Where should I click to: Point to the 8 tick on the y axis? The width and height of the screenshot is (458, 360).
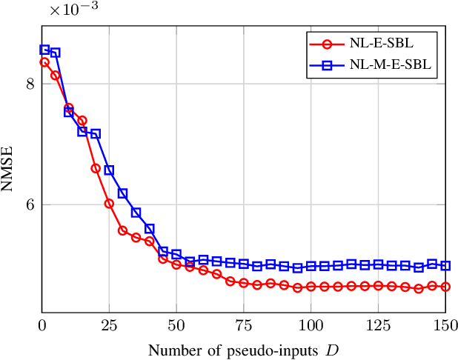[x=30, y=84]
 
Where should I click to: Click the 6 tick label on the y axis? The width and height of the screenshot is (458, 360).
[x=30, y=205]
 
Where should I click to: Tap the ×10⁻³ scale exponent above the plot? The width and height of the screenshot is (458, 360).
[x=73, y=10]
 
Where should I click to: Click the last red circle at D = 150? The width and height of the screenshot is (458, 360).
[x=445, y=287]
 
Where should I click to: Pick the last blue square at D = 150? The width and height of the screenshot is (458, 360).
[x=445, y=265]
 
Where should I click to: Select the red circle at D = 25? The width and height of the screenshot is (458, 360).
[x=109, y=203]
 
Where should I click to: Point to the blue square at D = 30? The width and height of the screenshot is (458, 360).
[x=122, y=193]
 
